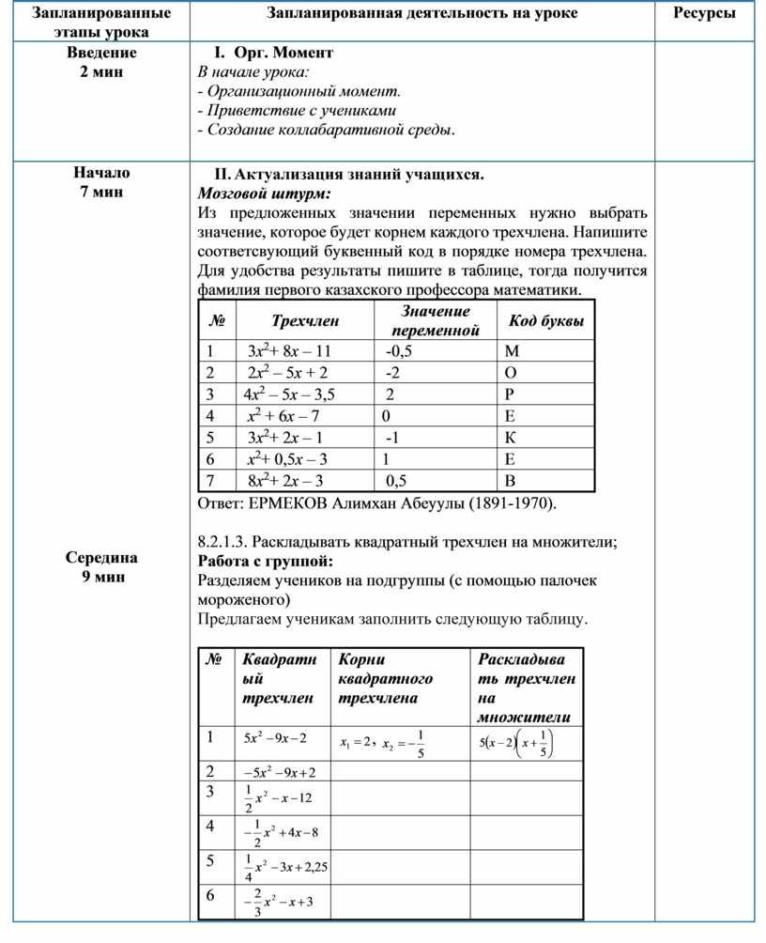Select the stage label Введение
101,53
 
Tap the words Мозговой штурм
265,193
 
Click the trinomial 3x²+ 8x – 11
289,351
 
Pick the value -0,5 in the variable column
399,351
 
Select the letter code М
512,351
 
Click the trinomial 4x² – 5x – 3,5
289,394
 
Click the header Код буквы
546,322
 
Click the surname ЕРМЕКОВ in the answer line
288,503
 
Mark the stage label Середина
101,558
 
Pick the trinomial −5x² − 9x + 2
280,773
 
